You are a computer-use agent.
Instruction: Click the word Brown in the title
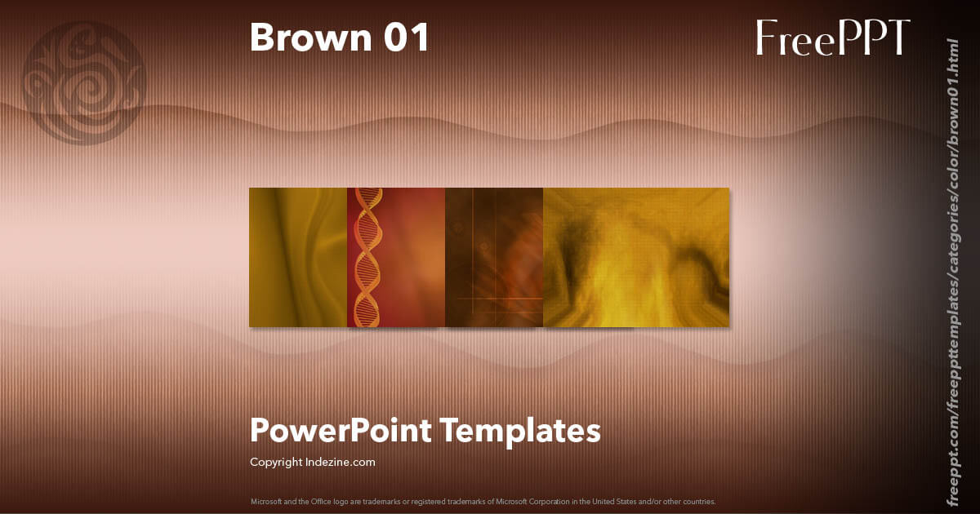[309, 38]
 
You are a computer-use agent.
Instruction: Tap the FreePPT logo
[832, 38]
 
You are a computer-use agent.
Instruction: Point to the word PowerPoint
[340, 430]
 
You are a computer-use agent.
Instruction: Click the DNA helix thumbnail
[396, 258]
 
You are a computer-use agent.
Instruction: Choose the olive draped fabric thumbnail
[298, 258]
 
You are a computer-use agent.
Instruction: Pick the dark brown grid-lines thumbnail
[494, 258]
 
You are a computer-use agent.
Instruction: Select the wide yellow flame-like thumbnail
[636, 258]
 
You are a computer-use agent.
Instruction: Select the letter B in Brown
[262, 38]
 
